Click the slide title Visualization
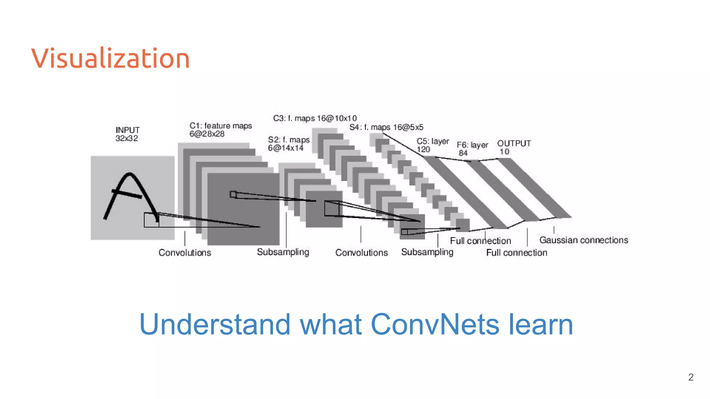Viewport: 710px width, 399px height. click(111, 58)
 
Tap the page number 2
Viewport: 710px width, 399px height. click(691, 377)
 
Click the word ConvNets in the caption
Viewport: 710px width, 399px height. click(435, 324)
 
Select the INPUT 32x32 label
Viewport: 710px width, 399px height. click(127, 134)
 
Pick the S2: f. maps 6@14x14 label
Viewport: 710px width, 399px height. click(288, 144)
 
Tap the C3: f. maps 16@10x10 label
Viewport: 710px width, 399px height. click(315, 118)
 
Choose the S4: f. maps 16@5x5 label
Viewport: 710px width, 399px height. click(386, 127)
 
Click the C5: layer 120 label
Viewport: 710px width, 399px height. click(432, 145)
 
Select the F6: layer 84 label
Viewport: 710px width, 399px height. click(472, 149)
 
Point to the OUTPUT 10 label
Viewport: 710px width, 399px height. click(513, 147)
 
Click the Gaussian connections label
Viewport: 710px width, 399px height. click(583, 240)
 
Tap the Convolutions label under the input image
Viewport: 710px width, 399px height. click(185, 252)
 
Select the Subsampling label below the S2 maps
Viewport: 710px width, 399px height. click(283, 252)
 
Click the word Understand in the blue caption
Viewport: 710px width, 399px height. click(215, 324)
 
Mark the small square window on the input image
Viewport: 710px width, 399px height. click(151, 220)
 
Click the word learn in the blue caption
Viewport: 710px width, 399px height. click(540, 324)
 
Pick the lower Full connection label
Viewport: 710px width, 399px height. click(517, 253)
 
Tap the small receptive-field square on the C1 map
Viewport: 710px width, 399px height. click(233, 195)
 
